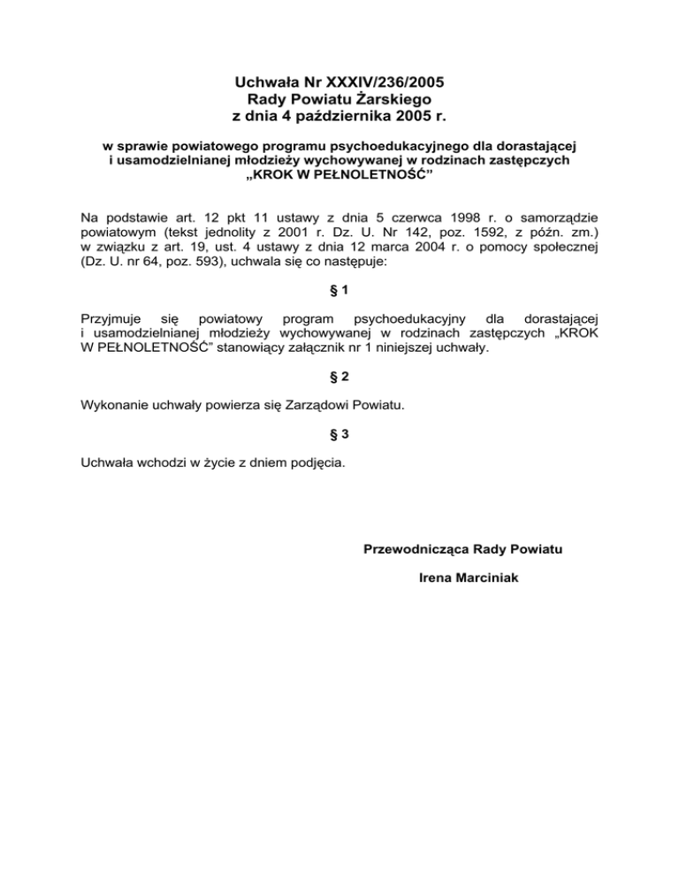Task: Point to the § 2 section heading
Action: tap(339, 376)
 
